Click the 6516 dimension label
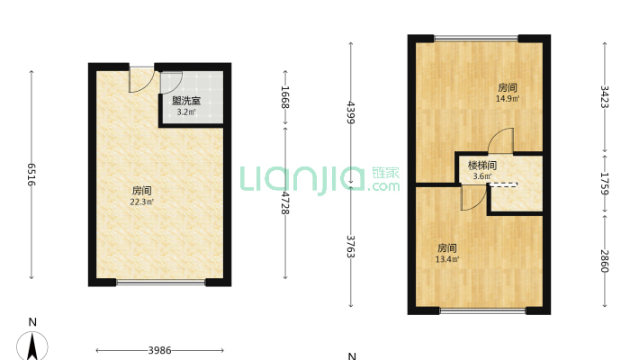pyautogui.click(x=31, y=175)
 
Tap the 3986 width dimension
pyautogui.click(x=159, y=350)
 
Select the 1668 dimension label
pyautogui.click(x=285, y=97)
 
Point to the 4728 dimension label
pyautogui.click(x=285, y=203)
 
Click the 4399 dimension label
pyautogui.click(x=350, y=112)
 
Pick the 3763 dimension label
pyautogui.click(x=350, y=247)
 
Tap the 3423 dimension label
pyautogui.click(x=605, y=96)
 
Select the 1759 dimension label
pyautogui.click(x=605, y=184)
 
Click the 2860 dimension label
pyautogui.click(x=605, y=261)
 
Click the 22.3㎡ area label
pyautogui.click(x=142, y=202)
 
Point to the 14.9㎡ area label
pyautogui.click(x=508, y=99)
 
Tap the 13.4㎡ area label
pyautogui.click(x=447, y=259)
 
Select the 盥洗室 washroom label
pyautogui.click(x=186, y=101)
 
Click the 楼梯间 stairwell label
pyautogui.click(x=482, y=166)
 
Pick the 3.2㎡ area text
pyautogui.click(x=186, y=112)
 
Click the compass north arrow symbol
pyautogui.click(x=32, y=346)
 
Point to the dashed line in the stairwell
pyautogui.click(x=502, y=184)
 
